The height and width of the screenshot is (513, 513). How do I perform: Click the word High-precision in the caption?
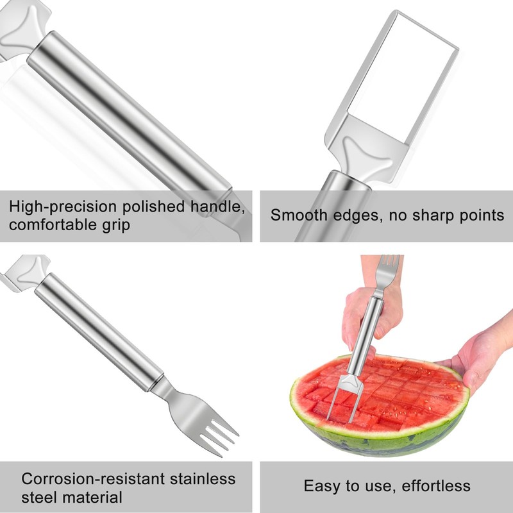tap(62, 206)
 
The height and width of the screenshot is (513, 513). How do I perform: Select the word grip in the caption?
tap(116, 226)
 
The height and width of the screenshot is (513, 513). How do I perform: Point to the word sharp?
tap(433, 215)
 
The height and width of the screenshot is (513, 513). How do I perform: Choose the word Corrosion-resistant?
tap(93, 479)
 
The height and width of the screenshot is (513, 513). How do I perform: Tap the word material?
tap(92, 498)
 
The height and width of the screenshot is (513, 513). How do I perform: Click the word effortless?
tap(436, 486)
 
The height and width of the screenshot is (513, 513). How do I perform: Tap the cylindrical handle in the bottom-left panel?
tap(99, 332)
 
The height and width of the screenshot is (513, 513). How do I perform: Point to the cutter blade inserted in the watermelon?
tap(344, 398)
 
